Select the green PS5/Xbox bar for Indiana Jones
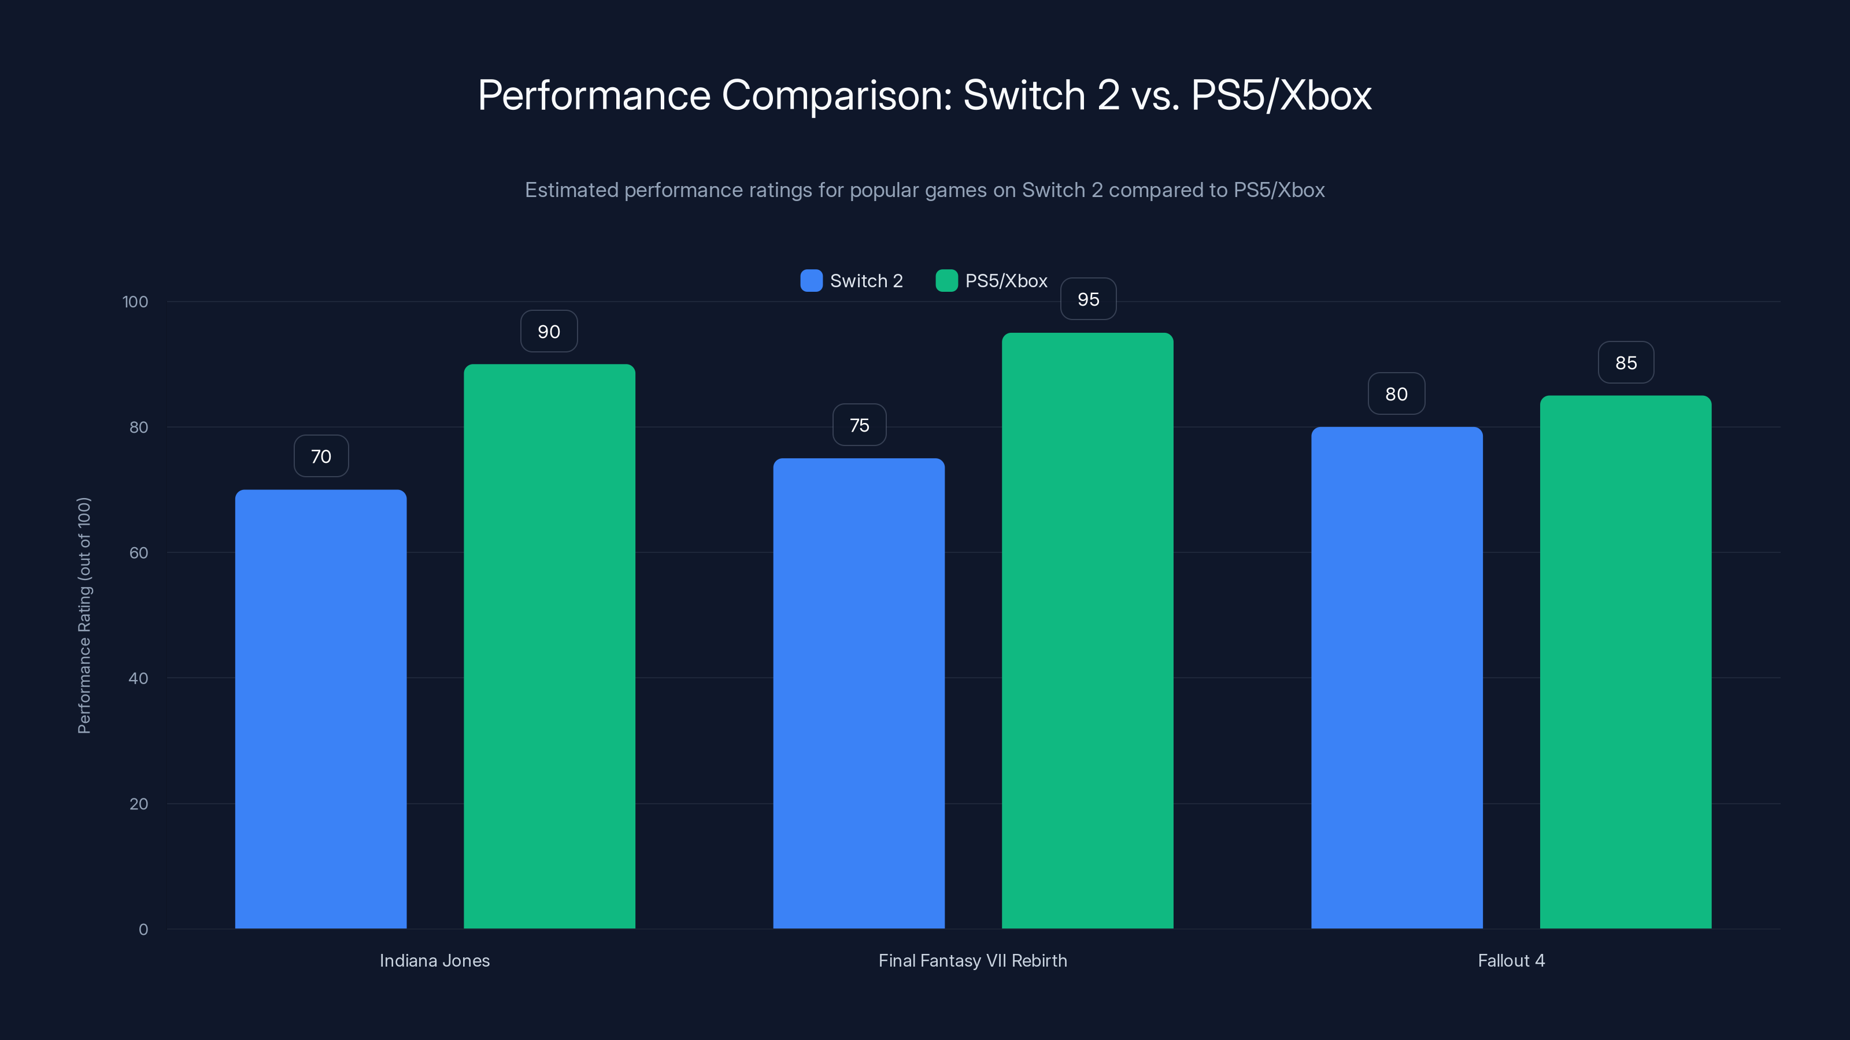[x=549, y=646]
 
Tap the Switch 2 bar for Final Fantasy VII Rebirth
[x=859, y=693]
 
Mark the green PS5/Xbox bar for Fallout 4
[x=1625, y=661]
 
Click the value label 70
[x=321, y=456]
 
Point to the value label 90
[x=549, y=332]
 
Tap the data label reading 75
[x=859, y=426]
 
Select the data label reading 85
[x=1626, y=363]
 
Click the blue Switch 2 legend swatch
[x=811, y=281]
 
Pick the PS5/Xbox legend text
[x=1005, y=281]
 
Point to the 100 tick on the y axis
[x=135, y=302]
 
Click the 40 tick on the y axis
[x=138, y=678]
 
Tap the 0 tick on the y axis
[x=143, y=930]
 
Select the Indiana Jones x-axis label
[x=435, y=960]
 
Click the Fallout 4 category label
[x=1511, y=960]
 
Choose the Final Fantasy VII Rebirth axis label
[x=972, y=960]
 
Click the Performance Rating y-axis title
[x=84, y=615]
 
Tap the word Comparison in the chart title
[x=837, y=95]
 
